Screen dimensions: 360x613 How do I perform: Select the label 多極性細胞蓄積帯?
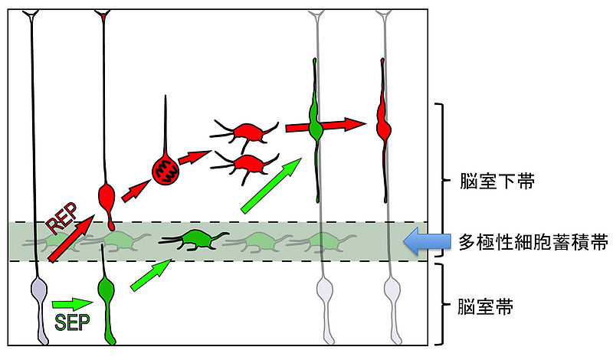click(531, 243)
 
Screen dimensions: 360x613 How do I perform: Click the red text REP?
click(63, 221)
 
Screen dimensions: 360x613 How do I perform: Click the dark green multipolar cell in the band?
click(198, 239)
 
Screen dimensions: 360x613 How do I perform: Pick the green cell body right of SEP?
click(106, 292)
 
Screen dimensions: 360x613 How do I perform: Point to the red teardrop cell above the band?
click(108, 199)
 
